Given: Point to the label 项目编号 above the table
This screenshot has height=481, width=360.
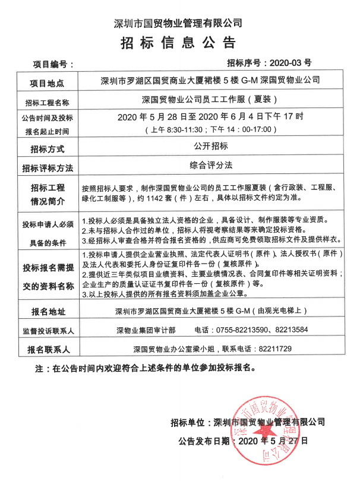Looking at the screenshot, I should [x=53, y=62].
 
